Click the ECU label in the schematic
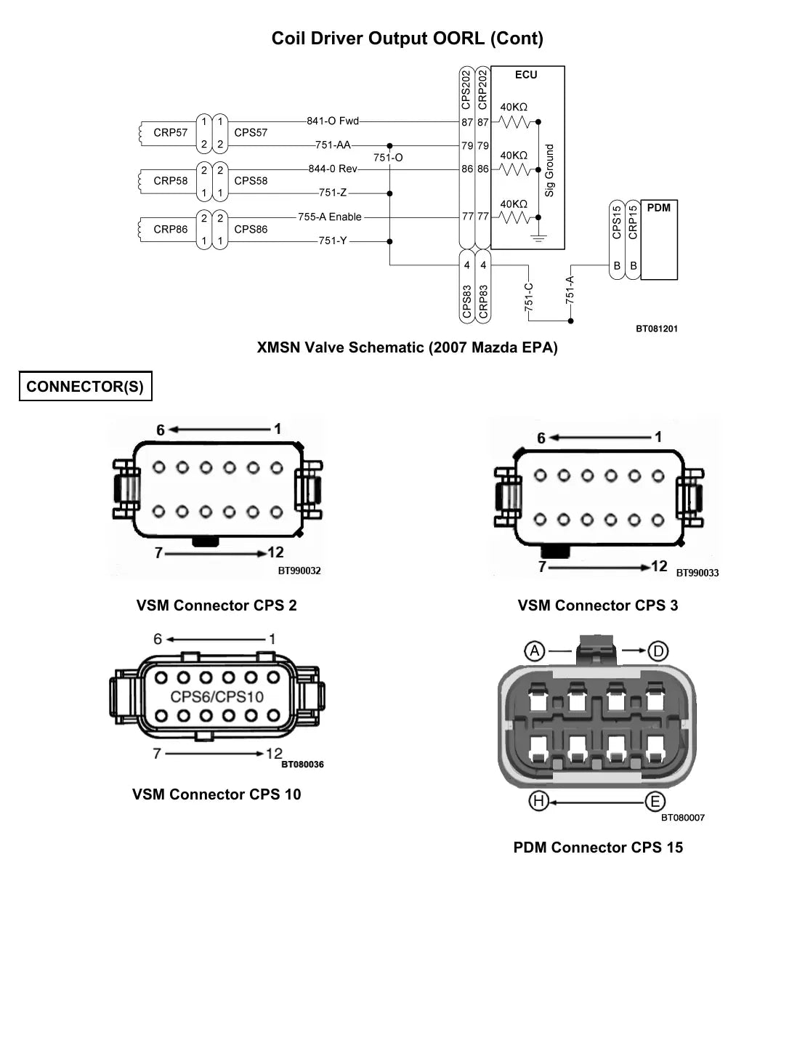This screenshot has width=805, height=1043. [x=526, y=75]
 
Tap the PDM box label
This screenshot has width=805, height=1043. [x=658, y=208]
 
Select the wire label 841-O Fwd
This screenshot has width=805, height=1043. [x=333, y=121]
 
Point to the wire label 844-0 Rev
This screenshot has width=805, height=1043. [x=333, y=169]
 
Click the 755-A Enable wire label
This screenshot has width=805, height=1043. [x=330, y=217]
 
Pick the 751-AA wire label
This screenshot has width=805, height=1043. [x=333, y=145]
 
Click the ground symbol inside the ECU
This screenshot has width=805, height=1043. [x=538, y=238]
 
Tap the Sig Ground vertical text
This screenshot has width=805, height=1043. [x=549, y=170]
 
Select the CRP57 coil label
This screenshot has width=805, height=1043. [x=170, y=132]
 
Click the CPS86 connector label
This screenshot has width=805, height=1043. [x=251, y=230]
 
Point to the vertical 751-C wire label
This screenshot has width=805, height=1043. [x=529, y=297]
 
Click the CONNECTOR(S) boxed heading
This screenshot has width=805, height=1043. [x=86, y=387]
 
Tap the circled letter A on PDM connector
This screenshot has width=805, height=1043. [x=535, y=651]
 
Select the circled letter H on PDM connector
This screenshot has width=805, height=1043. [x=538, y=801]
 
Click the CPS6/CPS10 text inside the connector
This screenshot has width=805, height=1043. [x=217, y=696]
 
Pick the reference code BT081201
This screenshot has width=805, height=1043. [x=657, y=329]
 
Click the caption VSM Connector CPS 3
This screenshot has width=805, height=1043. [x=598, y=605]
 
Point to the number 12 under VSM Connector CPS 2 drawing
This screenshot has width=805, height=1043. [x=275, y=552]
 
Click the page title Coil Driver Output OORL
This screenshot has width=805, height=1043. [x=408, y=39]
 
